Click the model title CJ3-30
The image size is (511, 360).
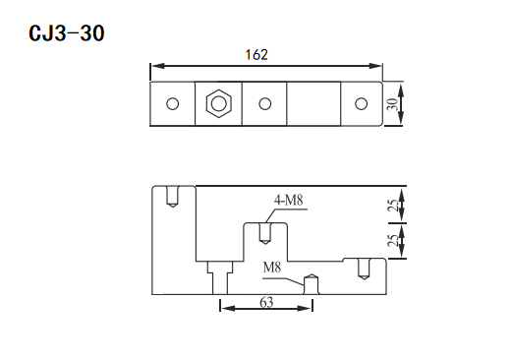pos(67,33)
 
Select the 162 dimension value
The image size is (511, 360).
pos(256,55)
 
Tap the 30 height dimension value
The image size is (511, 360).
pos(393,104)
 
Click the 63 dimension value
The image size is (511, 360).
pos(266,302)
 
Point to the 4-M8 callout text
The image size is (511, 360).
pos(289,200)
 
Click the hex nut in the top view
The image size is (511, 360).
pos(219,104)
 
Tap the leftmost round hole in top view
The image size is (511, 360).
pos(173,104)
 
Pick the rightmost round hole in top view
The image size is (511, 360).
pos(362,104)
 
